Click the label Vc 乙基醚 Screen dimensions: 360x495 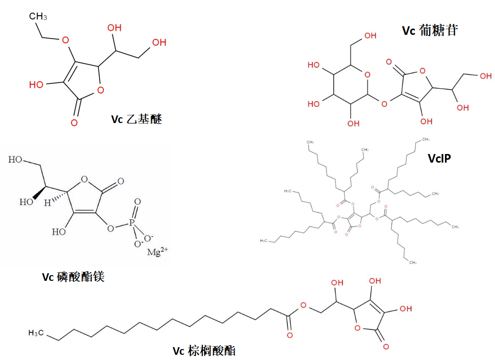tap(136, 119)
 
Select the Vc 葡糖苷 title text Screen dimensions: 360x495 tap(430, 31)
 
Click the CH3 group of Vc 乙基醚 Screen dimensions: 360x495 tap(38, 17)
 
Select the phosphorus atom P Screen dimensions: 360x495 tap(137, 223)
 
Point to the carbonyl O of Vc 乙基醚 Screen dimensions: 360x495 tap(74, 123)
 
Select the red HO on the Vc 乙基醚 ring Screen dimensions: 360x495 tap(36, 85)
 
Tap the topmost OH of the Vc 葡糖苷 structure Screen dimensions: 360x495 tap(370, 35)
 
